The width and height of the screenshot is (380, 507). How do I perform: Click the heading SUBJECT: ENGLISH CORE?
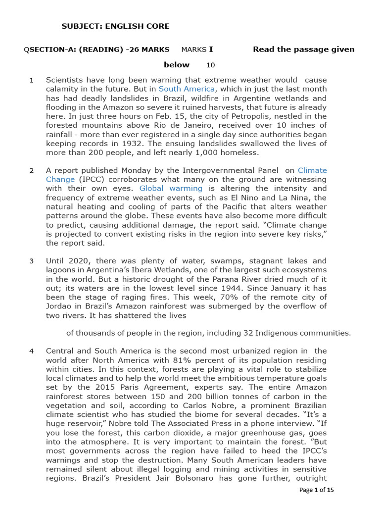[115, 26]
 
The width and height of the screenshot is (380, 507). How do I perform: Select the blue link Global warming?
[171, 189]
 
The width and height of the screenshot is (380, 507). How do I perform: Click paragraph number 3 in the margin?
[32, 261]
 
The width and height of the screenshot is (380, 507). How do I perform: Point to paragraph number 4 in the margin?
[32, 351]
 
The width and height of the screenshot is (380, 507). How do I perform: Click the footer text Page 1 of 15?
[317, 490]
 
